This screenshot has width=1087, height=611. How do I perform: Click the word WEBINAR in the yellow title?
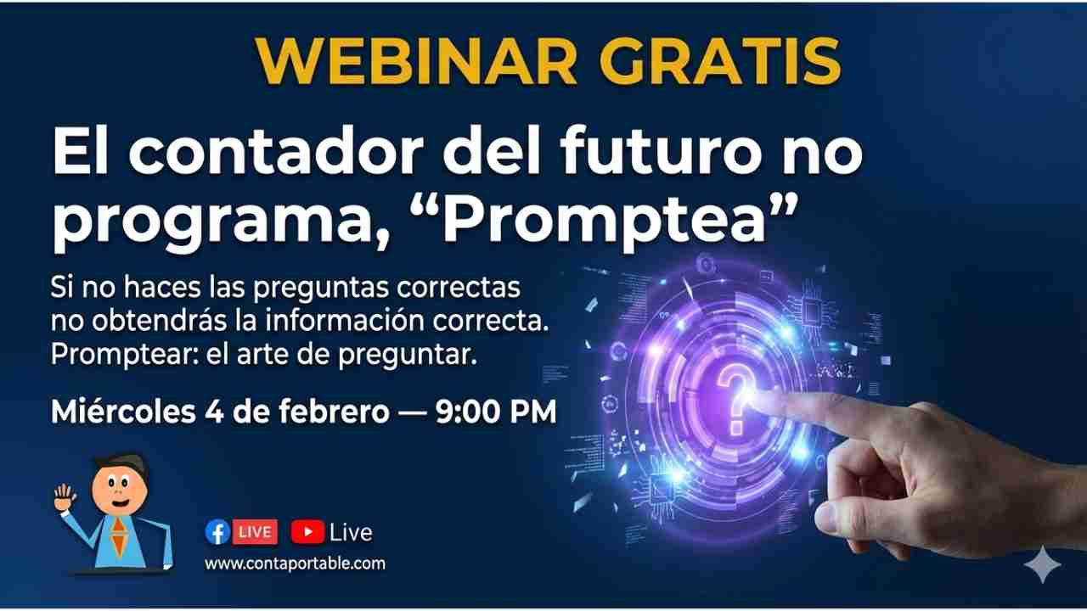(416, 63)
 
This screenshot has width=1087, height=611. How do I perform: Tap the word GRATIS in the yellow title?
(721, 63)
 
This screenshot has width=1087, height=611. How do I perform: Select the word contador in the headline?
(277, 152)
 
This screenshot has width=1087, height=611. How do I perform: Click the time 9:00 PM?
(495, 412)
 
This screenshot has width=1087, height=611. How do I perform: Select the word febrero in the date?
(334, 412)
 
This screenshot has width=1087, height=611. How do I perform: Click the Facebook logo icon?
(217, 532)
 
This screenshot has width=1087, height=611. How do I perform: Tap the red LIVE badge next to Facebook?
(256, 532)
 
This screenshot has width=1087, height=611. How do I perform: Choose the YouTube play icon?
(307, 532)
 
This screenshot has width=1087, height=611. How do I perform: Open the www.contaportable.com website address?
(295, 564)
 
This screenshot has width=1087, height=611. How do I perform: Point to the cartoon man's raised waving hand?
(65, 498)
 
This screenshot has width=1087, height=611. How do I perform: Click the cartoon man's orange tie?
(118, 536)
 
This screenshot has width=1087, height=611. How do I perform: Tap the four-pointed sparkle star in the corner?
(1042, 564)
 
